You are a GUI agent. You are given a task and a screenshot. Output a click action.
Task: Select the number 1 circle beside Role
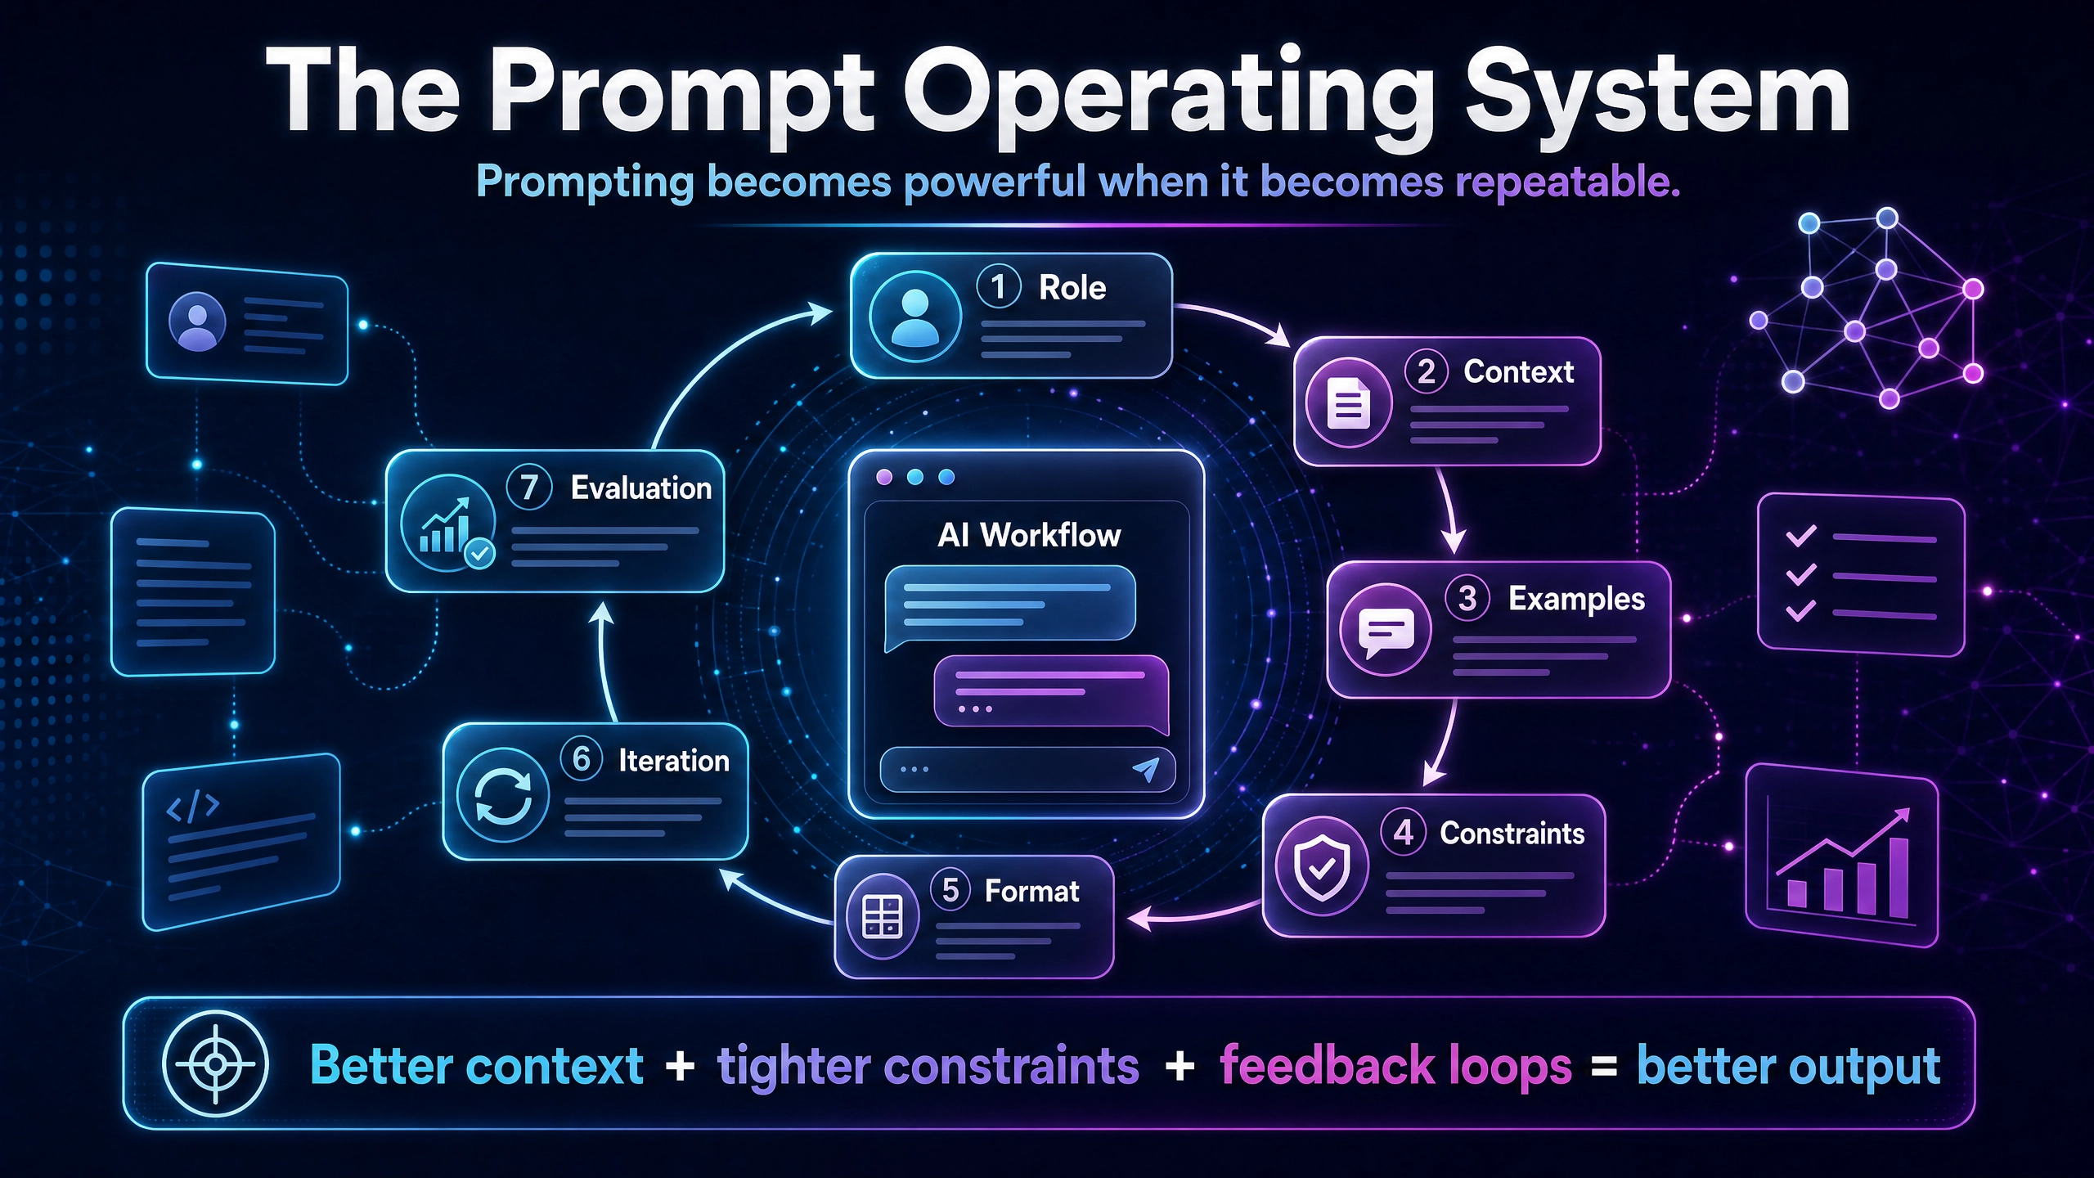point(999,286)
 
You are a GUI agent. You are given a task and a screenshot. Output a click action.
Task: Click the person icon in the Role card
point(914,317)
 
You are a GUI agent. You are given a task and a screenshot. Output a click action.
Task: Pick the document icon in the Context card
point(1348,403)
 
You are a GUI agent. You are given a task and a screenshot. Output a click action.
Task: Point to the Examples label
point(1576,599)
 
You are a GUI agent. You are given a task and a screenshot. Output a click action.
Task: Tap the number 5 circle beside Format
point(950,890)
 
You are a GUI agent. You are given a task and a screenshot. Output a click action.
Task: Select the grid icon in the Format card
point(883,916)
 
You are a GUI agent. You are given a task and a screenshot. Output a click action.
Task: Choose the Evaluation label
point(641,488)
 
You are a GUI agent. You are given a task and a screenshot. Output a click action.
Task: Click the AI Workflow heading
point(1029,536)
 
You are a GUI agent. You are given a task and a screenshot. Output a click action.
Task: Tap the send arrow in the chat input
point(1147,769)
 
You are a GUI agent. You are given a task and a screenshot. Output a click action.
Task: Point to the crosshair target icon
point(215,1064)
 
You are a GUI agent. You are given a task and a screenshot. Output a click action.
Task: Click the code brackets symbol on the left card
point(192,806)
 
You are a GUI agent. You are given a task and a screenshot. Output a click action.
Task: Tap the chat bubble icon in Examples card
point(1386,629)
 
